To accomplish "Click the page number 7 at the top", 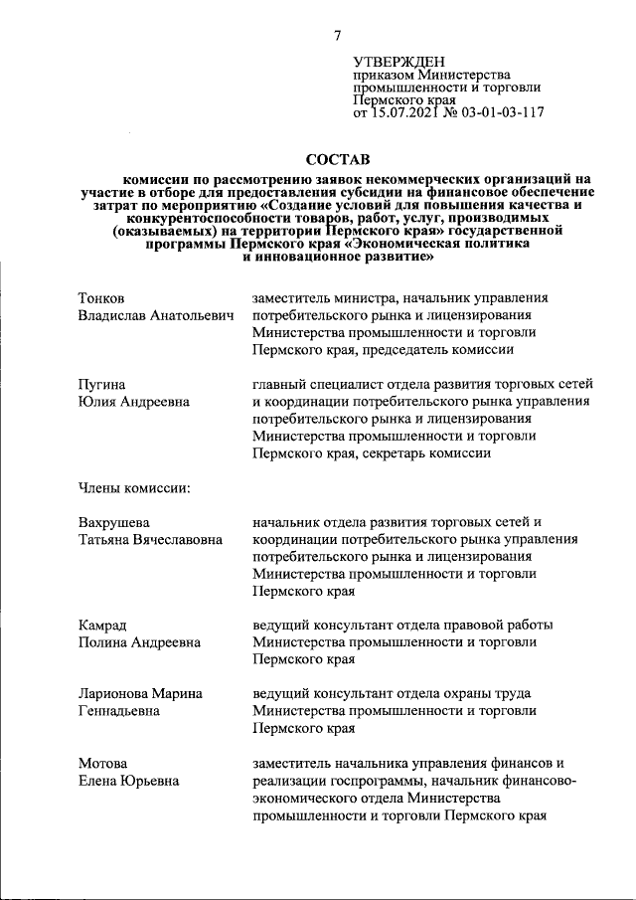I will [x=337, y=36].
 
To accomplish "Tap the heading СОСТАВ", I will [x=337, y=159].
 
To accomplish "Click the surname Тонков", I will [x=102, y=297].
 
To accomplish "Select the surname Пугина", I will [x=103, y=384].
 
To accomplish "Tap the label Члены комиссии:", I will [x=134, y=487].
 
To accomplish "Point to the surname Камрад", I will [x=103, y=625].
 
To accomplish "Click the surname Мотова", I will [x=103, y=763].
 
